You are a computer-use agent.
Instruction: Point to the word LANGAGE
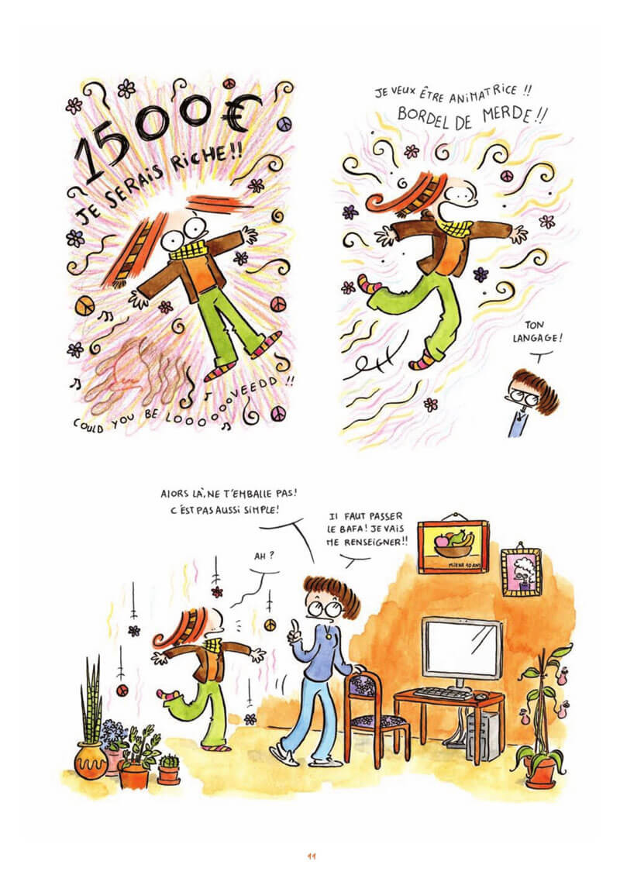click(537, 337)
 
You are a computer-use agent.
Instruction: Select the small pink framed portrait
click(522, 573)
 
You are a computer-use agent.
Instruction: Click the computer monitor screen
click(461, 648)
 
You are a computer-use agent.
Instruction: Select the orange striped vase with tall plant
click(91, 760)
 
